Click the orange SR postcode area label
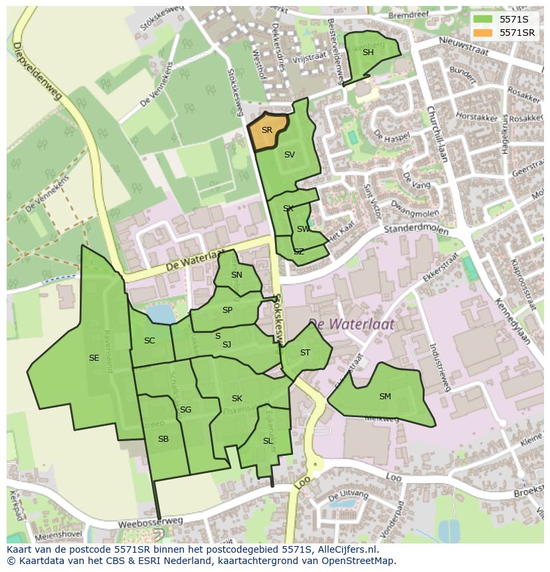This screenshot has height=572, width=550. pos(266,130)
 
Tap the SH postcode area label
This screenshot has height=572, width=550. pos(368,52)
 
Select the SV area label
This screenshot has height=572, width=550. pos(289,155)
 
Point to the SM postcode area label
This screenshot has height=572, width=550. pos(385,397)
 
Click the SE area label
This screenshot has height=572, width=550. pos(94,358)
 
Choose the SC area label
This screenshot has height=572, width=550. pos(149,341)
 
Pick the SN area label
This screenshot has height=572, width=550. pos(236,275)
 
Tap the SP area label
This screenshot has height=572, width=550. pos(227,310)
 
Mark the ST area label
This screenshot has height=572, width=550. pos(305,353)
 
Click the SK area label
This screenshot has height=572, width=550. pos(236,399)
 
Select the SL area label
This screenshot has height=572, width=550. pos(268,441)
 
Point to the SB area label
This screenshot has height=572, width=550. pos(163,439)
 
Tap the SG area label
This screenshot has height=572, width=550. pos(185,410)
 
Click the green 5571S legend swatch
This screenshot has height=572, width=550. pos(482,19)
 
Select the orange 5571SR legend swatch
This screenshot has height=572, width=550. pos(482,33)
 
